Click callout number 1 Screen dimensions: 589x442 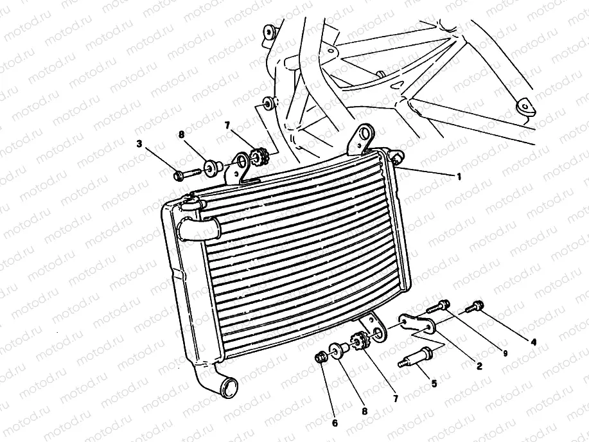[x=459, y=176]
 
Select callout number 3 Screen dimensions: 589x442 [x=139, y=143]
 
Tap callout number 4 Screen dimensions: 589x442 [x=533, y=342]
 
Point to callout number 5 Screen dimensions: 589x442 [x=434, y=384]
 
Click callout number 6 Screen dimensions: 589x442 [x=335, y=423]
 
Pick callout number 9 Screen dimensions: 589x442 [x=505, y=353]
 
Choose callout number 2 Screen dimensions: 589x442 [x=479, y=366]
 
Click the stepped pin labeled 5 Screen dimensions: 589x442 [x=416, y=357]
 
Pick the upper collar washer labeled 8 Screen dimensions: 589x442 [x=213, y=166]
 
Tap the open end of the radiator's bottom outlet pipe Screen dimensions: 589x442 [x=230, y=388]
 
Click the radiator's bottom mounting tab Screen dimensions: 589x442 [x=374, y=328]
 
